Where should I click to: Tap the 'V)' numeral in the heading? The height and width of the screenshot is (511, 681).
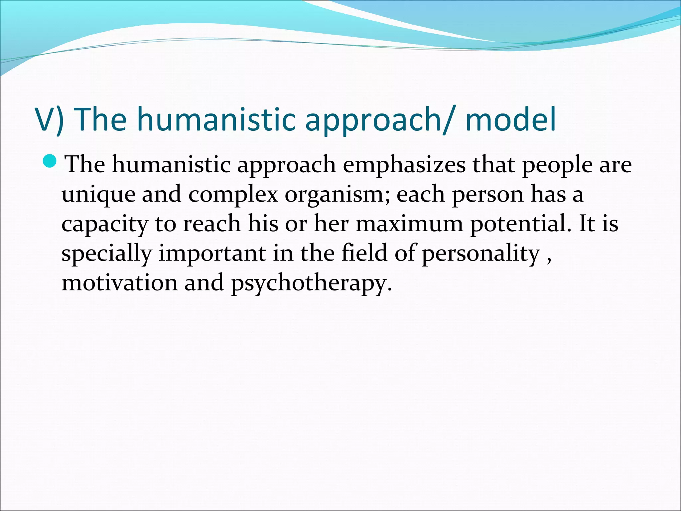pos(50,120)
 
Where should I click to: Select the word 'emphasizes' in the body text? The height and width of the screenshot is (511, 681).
pos(404,165)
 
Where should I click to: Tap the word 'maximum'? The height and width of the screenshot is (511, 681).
pos(409,224)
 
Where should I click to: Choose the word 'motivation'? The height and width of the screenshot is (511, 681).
pos(120,283)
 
